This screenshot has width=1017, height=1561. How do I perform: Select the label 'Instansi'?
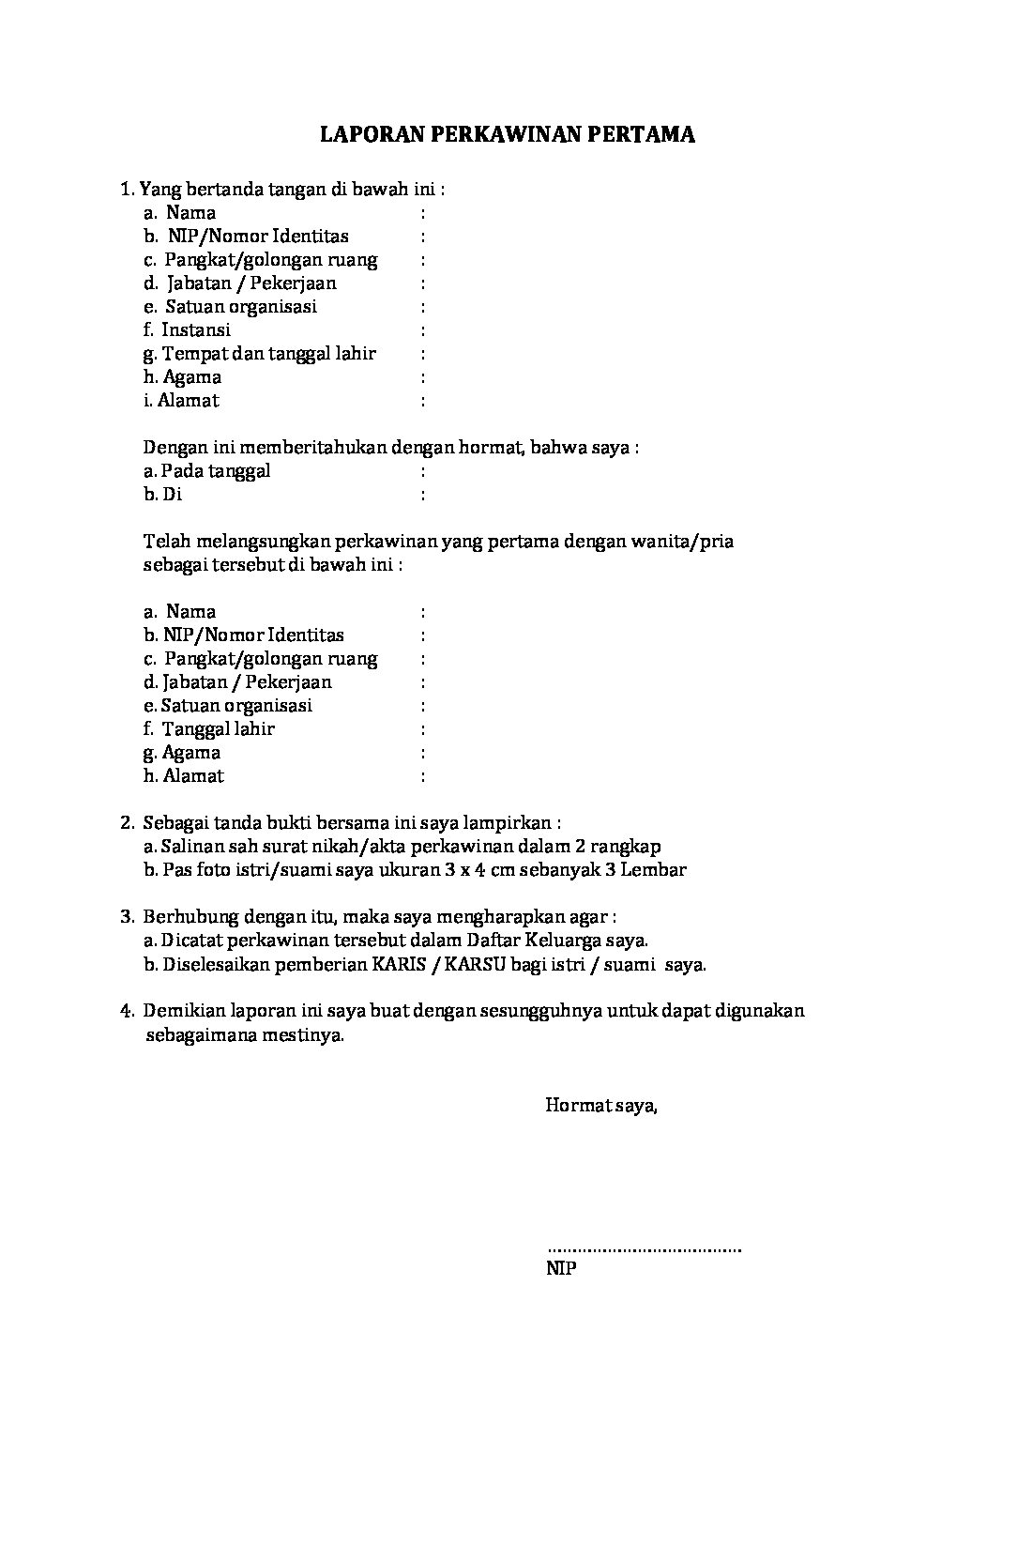196,329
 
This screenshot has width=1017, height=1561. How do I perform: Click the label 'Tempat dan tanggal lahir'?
269,353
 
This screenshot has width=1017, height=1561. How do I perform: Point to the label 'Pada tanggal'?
216,470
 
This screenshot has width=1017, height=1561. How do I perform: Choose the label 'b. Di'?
162,494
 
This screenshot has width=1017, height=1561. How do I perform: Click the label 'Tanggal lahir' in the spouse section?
219,728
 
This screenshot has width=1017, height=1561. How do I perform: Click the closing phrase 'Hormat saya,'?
601,1105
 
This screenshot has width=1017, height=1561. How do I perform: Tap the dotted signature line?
644,1249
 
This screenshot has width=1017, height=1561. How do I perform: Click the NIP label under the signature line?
561,1269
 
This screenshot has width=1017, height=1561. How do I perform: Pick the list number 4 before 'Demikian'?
126,1010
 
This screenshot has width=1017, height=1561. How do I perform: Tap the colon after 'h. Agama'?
423,376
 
